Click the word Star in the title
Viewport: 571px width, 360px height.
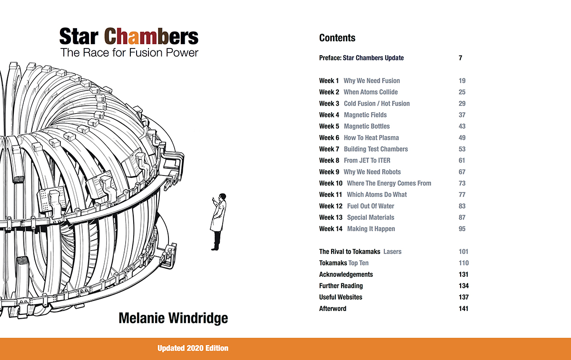79,37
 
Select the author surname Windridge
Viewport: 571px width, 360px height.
198,318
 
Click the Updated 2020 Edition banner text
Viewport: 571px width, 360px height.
193,348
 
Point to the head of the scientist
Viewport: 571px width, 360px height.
223,197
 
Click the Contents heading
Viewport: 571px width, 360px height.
337,38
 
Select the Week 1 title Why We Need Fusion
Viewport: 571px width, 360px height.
372,81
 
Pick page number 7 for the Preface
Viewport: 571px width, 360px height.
461,58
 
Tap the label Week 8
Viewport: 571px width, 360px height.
329,161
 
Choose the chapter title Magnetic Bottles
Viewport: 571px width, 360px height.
367,126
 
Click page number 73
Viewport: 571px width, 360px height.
462,184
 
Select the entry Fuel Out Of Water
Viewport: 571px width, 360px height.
371,206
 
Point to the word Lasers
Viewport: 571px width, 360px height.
393,252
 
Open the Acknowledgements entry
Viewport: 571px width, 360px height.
346,274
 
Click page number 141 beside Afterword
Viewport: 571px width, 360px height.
463,309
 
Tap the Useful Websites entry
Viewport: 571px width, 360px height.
341,297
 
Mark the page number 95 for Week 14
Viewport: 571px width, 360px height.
462,229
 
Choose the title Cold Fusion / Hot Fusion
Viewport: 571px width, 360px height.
377,104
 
